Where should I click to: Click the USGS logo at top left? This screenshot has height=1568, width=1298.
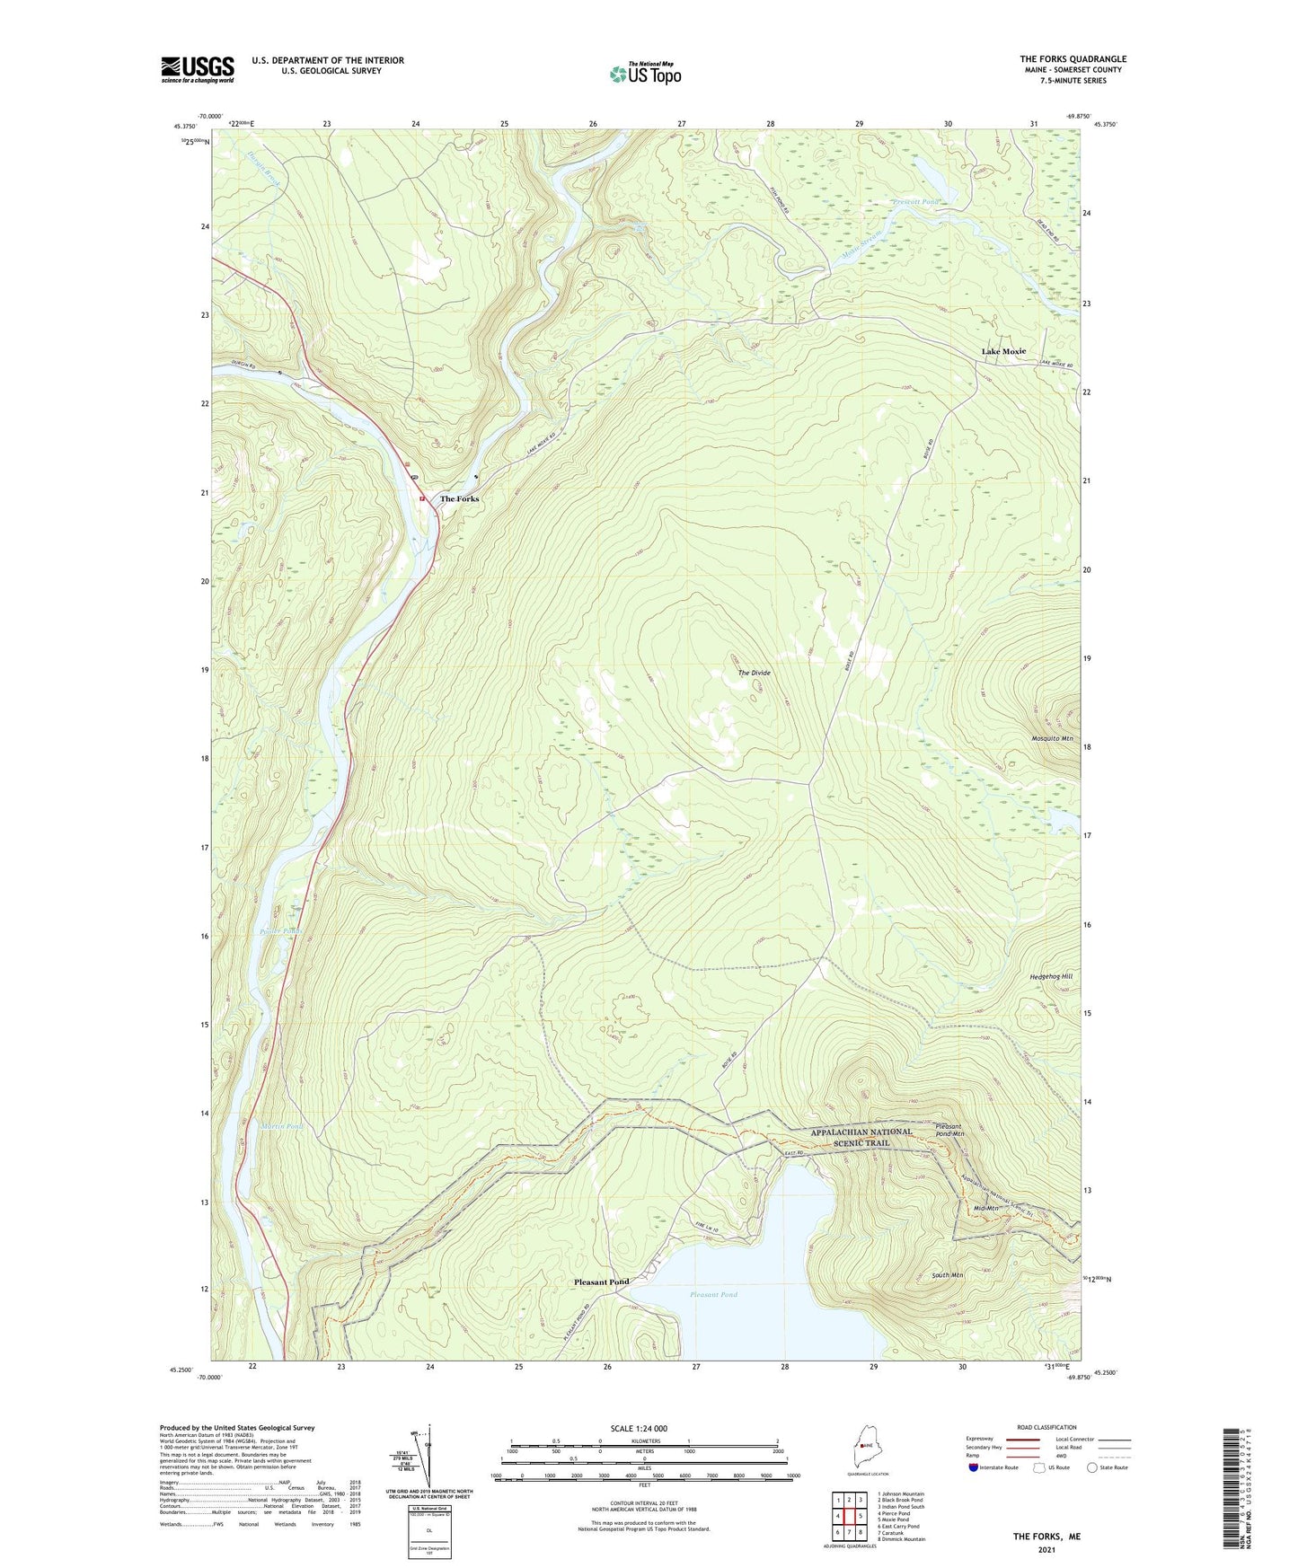point(198,69)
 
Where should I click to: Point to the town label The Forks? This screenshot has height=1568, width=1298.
point(459,499)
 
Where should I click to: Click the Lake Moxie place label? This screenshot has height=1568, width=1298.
point(1003,351)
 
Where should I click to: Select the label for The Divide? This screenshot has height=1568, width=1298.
point(755,673)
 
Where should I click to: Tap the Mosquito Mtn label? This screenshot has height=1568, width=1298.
point(1052,738)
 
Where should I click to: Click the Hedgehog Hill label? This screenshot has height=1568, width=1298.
point(1050,975)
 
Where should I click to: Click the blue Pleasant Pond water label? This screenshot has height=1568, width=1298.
point(714,1294)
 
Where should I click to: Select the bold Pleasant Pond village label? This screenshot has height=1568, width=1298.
point(601,1282)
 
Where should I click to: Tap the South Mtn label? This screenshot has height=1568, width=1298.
point(948,1275)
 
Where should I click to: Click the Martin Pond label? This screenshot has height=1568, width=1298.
point(282,1126)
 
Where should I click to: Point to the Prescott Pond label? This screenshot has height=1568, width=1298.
point(915,202)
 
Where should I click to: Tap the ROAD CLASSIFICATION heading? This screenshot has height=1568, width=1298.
point(1046,1427)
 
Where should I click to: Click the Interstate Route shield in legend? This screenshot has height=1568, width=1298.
point(975,1468)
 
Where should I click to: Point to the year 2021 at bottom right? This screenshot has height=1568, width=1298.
point(1046,1549)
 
